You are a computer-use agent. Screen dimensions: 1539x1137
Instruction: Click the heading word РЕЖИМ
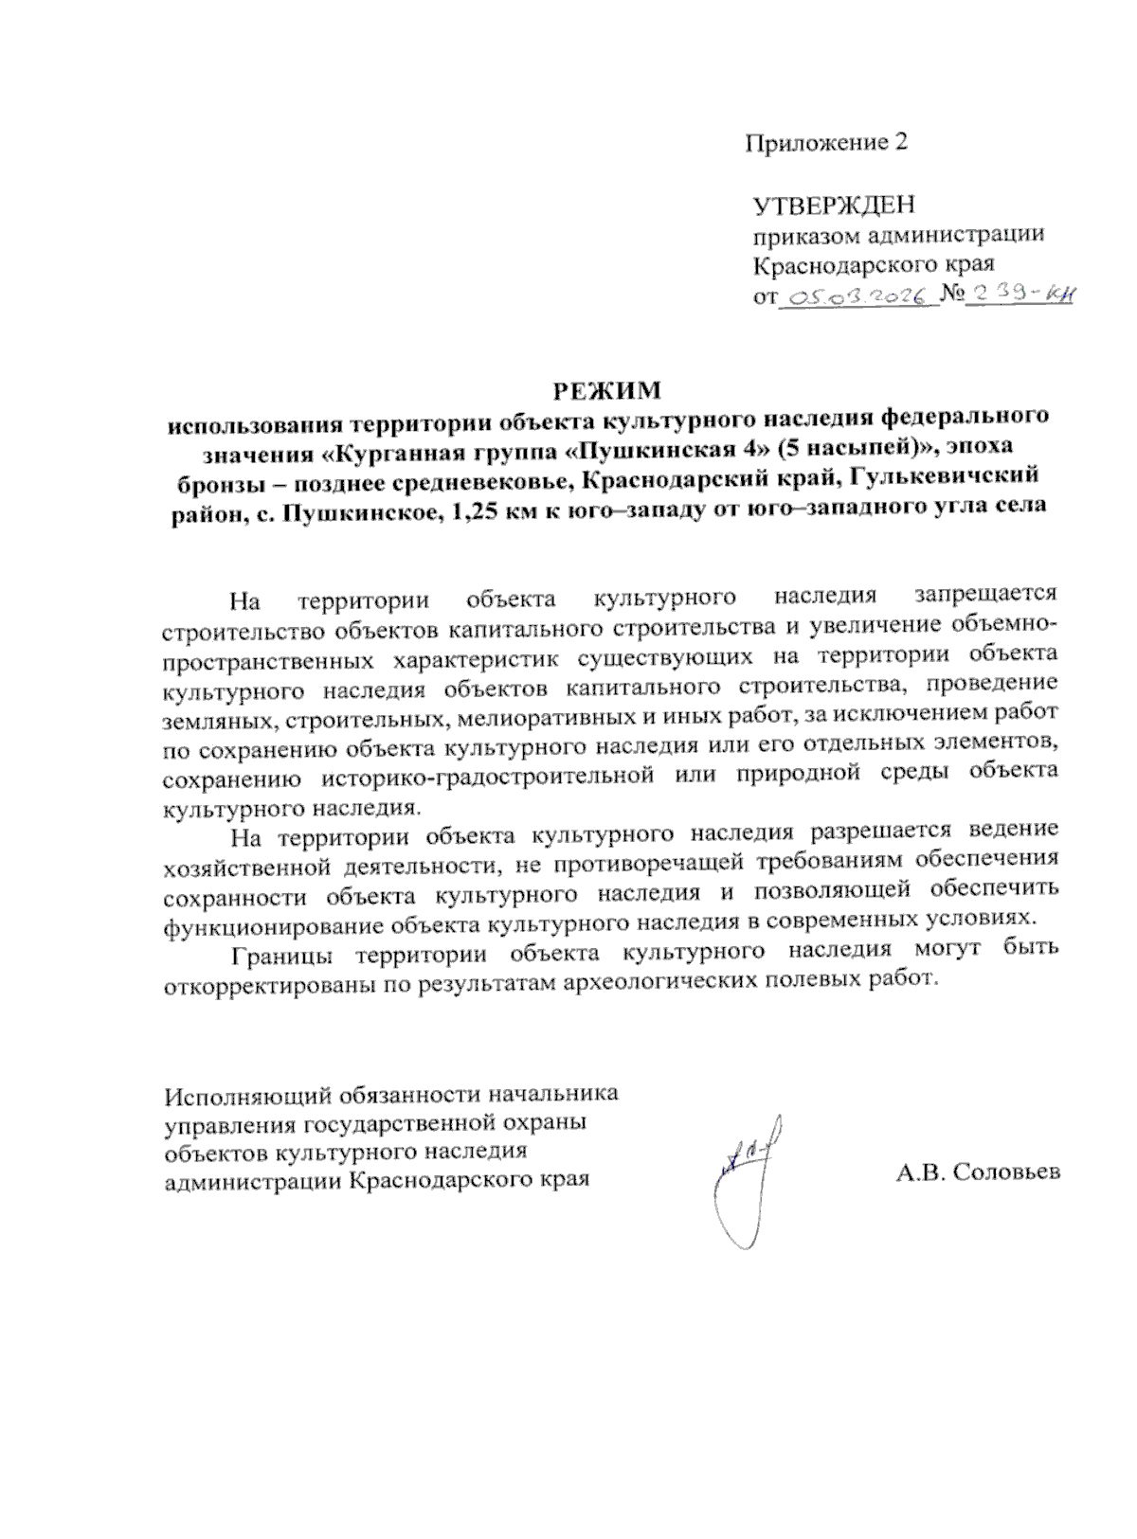pyautogui.click(x=606, y=390)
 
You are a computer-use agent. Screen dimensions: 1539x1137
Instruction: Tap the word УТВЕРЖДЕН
pyautogui.click(x=834, y=205)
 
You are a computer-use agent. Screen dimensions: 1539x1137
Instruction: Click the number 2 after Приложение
pyautogui.click(x=900, y=143)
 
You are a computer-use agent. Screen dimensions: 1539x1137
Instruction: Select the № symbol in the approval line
pyautogui.click(x=951, y=295)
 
